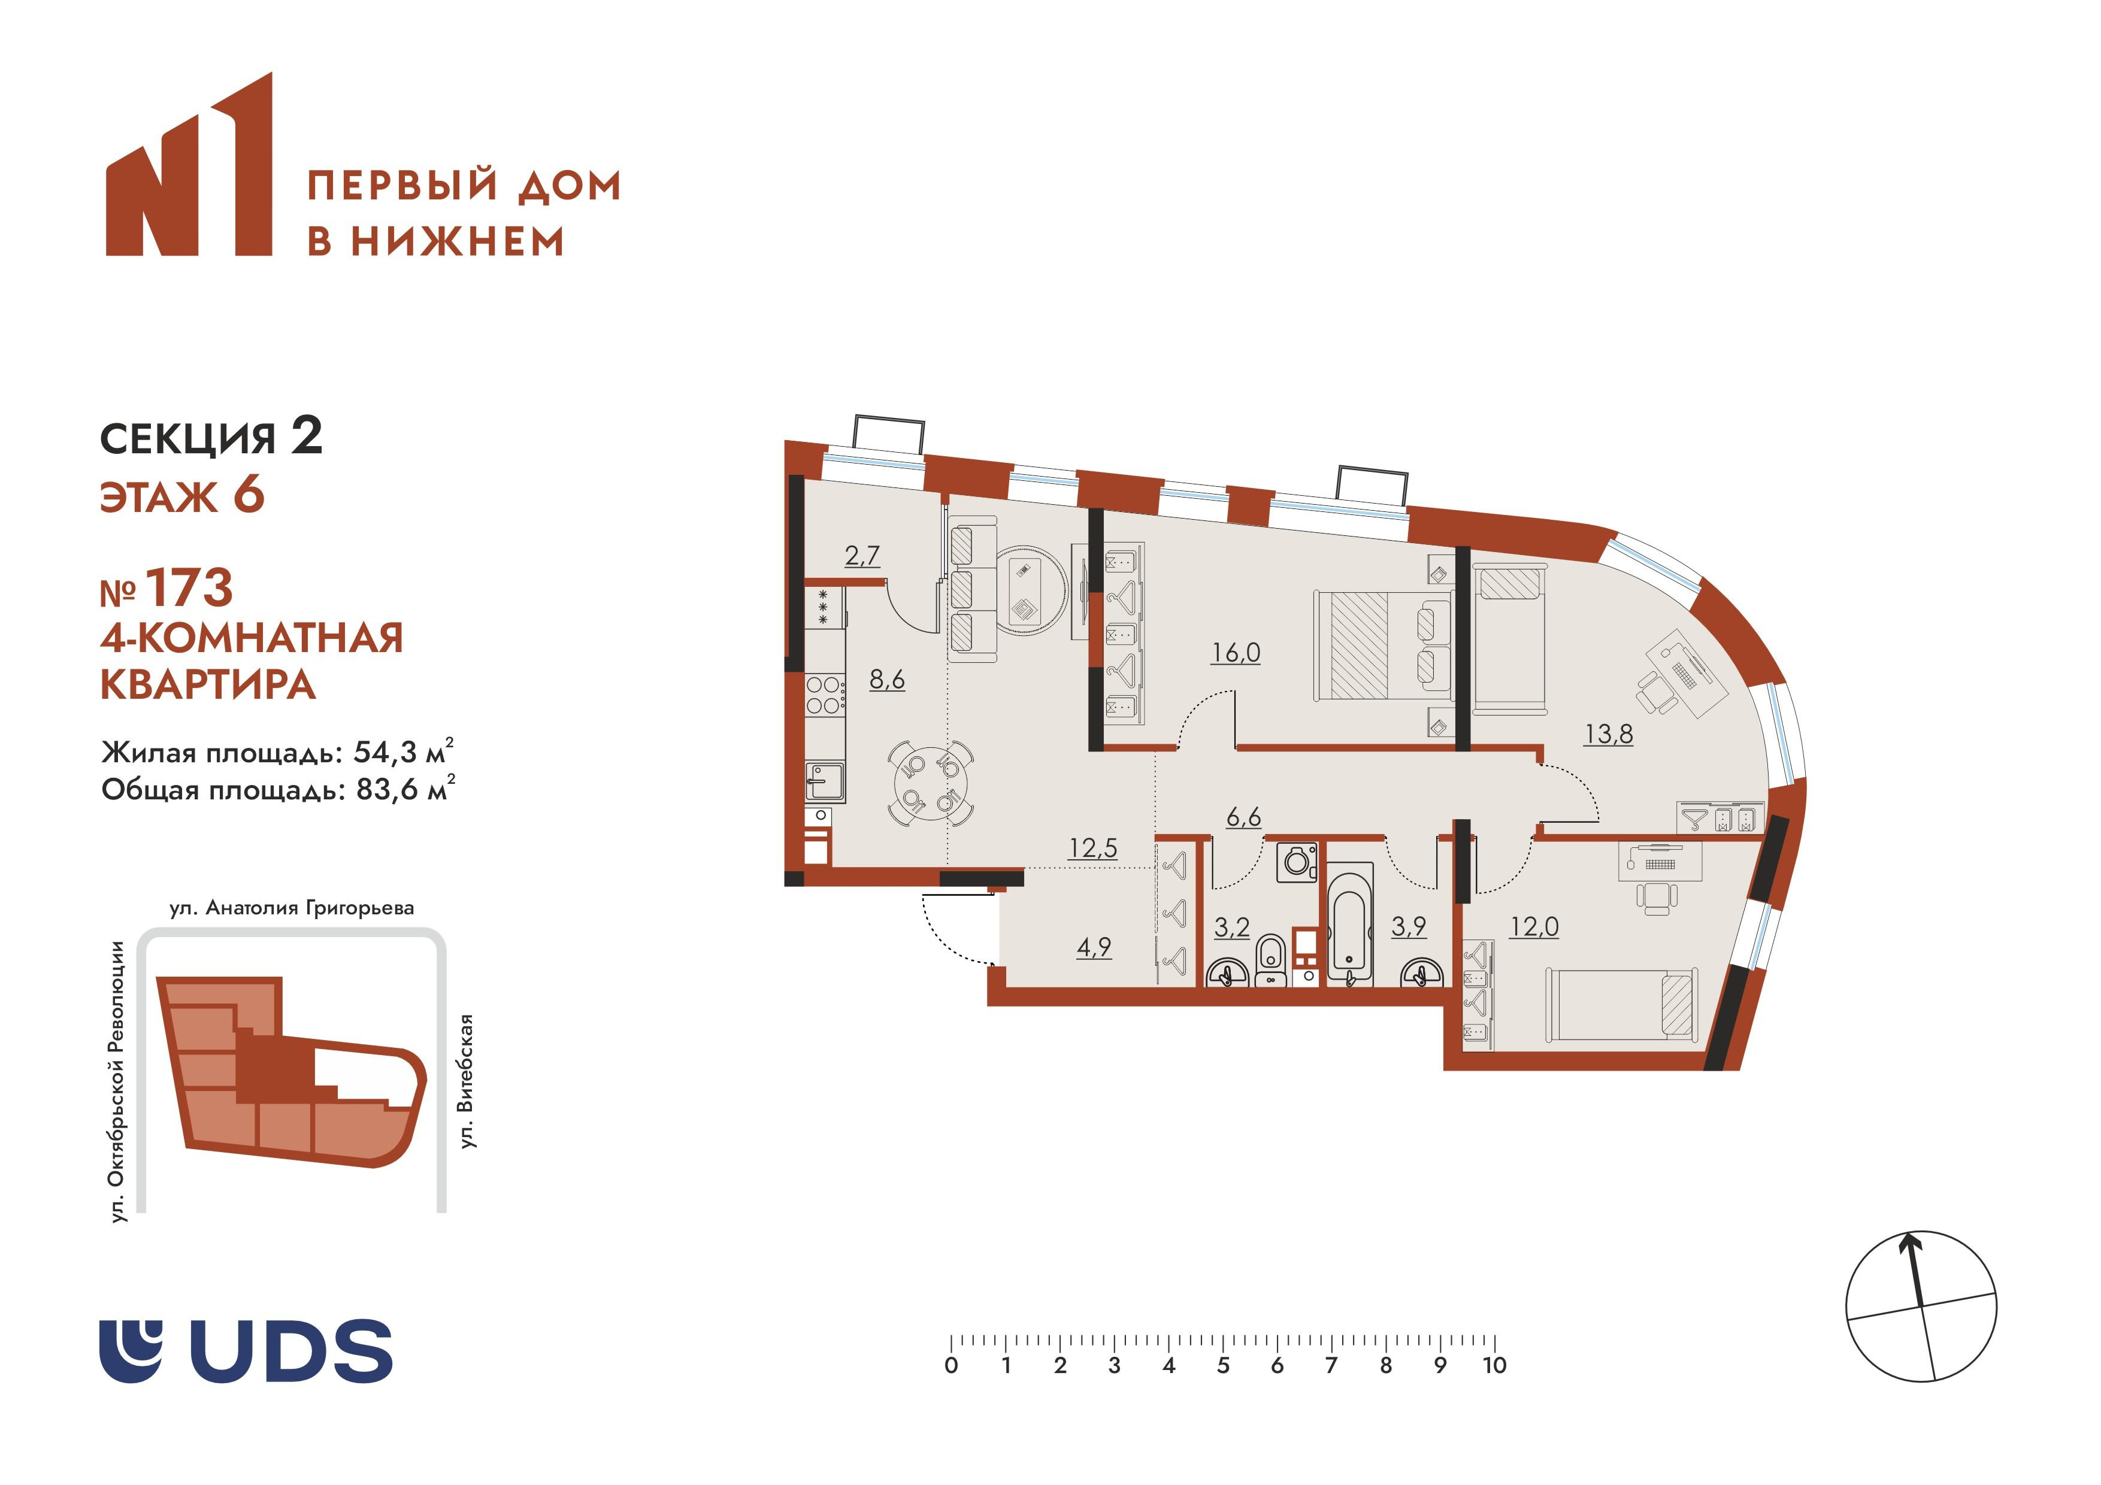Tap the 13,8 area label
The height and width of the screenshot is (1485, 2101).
1609,734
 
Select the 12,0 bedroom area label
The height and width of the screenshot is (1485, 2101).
1534,927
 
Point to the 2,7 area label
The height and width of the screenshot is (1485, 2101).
862,556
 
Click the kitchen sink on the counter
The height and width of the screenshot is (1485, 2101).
825,782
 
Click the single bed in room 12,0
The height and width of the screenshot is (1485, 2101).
1619,1005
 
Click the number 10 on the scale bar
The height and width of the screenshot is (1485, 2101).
1494,1365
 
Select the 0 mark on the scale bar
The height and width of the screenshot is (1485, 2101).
952,1365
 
